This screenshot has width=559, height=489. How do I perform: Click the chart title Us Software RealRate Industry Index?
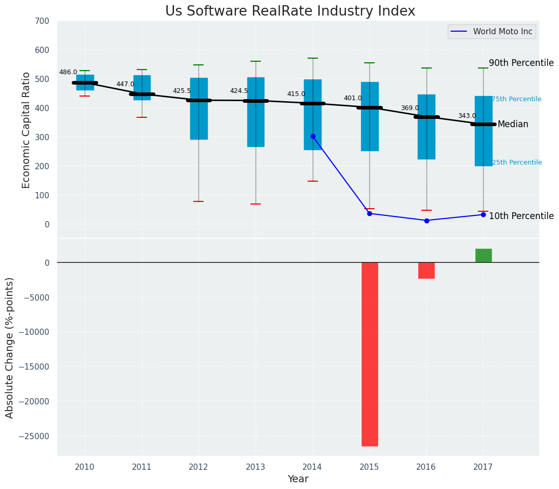coord(290,11)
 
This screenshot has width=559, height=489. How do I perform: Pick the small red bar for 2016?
coord(427,270)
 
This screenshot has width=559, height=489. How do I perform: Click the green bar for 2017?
coord(483,255)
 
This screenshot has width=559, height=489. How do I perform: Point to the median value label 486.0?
coord(68,73)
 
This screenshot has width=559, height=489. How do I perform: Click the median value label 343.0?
coord(467,116)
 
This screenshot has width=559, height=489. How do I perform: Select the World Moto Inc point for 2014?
coord(313,136)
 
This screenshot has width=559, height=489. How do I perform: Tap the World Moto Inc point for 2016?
coord(427,221)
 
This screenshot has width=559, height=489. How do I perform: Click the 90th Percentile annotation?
coord(521,63)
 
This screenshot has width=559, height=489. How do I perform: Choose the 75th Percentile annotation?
coord(516,99)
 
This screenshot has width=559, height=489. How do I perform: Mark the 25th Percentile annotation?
coord(516,162)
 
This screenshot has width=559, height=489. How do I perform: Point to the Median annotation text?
coord(513,125)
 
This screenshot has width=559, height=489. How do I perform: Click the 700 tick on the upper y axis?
coord(42,21)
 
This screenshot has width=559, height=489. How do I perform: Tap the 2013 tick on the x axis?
coord(256,467)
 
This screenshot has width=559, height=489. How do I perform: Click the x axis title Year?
coord(298,479)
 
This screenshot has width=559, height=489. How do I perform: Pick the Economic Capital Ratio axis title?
coord(26,130)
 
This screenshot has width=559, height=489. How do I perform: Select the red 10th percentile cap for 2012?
coord(198,201)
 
